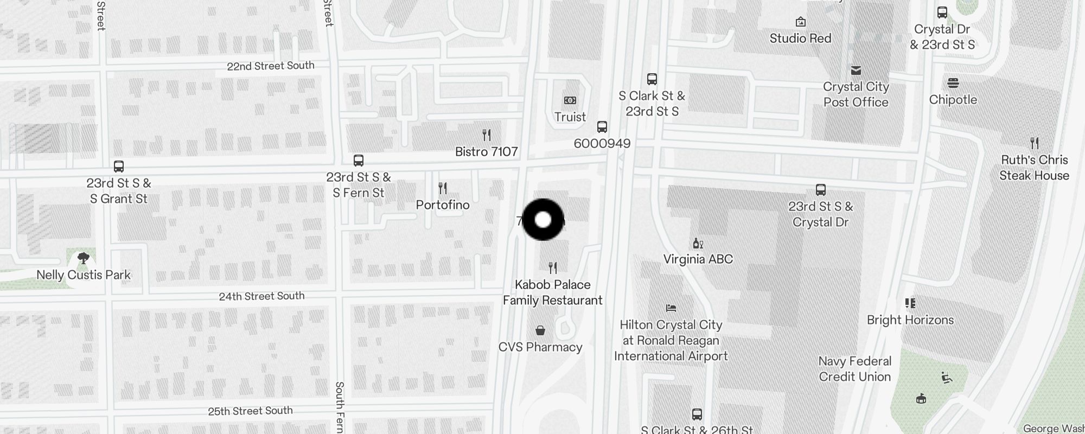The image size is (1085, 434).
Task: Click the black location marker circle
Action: click(543, 220)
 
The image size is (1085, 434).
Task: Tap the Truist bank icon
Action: click(570, 100)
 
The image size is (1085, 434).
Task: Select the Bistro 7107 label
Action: click(486, 152)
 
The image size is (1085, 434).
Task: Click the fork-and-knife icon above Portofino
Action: click(443, 188)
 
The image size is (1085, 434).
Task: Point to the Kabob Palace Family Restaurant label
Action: click(552, 292)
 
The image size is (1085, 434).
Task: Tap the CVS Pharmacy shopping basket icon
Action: click(540, 330)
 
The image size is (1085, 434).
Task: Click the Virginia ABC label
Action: click(698, 259)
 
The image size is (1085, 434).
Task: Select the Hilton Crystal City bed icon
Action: click(671, 308)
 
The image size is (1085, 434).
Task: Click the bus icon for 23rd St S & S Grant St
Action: click(119, 167)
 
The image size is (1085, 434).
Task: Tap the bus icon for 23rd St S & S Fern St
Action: click(359, 161)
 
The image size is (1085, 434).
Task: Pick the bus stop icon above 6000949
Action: click(602, 127)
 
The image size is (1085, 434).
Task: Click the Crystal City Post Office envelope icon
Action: click(856, 71)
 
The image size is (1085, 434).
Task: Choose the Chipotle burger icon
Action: click(953, 83)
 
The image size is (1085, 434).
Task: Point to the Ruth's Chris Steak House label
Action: click(1034, 168)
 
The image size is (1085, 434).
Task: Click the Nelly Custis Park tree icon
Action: click(84, 258)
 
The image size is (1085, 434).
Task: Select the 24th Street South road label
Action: click(261, 296)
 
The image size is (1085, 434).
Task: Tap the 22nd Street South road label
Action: click(270, 66)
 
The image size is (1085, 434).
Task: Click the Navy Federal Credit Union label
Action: click(855, 369)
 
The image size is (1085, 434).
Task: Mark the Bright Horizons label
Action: click(910, 320)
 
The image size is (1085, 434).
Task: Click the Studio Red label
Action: click(800, 39)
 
